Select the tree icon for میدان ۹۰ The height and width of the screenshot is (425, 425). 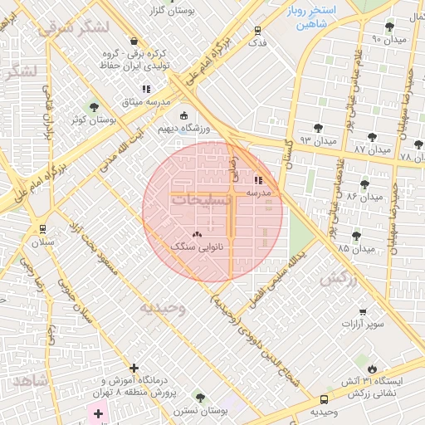[x=389, y=27]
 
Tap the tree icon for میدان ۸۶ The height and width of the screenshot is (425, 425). [x=364, y=184]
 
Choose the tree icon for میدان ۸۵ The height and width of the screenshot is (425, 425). [x=356, y=237]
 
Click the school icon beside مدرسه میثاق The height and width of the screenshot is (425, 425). [x=146, y=89]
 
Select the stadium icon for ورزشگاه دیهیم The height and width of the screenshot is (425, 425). [x=183, y=116]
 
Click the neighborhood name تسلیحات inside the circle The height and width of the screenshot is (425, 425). [x=196, y=200]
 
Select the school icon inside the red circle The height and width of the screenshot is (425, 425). [x=258, y=179]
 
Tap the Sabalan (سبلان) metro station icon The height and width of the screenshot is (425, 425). [x=42, y=229]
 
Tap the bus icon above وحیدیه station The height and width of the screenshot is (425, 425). [x=324, y=399]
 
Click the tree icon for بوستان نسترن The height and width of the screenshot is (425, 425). [x=199, y=398]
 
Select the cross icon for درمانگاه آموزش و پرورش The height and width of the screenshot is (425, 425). [x=134, y=368]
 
